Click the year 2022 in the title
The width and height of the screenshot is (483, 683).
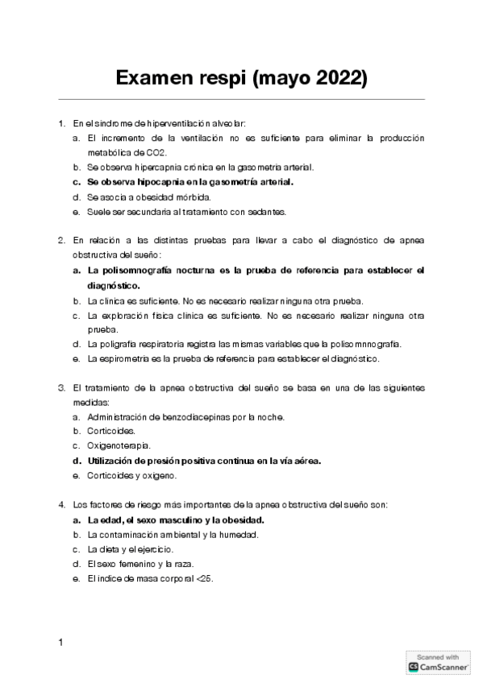342,78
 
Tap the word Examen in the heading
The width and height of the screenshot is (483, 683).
154,78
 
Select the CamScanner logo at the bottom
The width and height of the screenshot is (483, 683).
438,667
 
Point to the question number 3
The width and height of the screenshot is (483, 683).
60,387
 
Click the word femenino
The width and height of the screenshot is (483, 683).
131,564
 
